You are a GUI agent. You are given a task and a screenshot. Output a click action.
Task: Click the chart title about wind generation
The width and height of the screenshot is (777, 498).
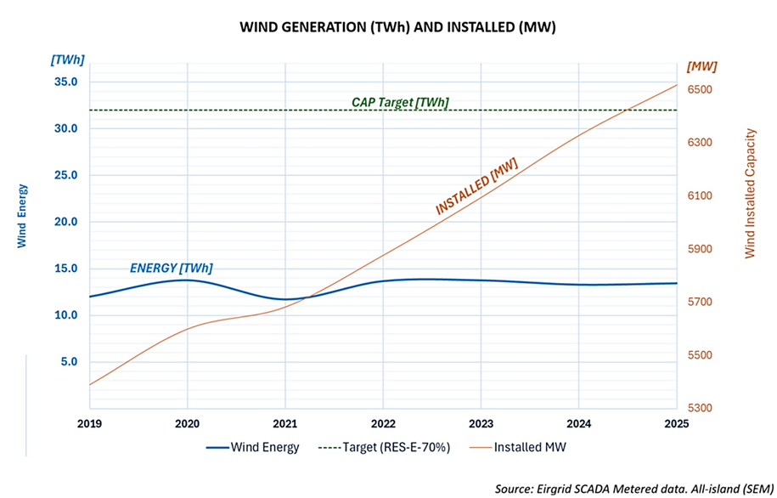tap(387, 27)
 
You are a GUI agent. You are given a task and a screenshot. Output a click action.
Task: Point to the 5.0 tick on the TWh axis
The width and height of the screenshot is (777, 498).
tap(69, 362)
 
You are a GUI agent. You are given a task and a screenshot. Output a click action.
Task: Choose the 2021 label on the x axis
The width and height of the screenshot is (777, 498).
tap(285, 423)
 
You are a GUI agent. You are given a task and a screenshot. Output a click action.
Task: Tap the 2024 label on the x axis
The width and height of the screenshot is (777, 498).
tap(578, 423)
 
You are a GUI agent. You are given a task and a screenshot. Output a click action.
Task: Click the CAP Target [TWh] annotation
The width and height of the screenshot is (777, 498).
tap(400, 103)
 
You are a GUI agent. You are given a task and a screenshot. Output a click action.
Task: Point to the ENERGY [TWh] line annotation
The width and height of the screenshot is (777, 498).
tap(172, 268)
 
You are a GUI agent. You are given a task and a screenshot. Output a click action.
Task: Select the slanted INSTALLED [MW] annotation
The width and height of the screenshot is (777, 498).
tap(476, 186)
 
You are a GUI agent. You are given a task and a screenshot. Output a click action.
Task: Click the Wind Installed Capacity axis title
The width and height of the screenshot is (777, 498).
tap(750, 193)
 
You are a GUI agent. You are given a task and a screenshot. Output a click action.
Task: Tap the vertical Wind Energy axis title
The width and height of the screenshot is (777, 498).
tap(22, 216)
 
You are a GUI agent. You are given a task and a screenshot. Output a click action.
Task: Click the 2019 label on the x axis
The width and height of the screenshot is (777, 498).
tap(90, 423)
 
